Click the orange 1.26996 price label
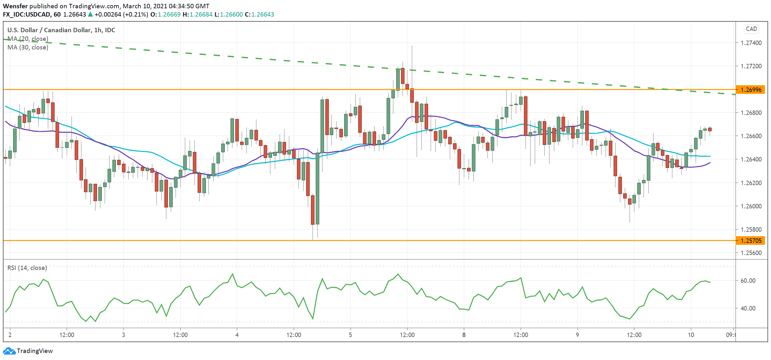point(751,90)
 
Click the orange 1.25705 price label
point(751,241)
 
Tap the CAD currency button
point(751,29)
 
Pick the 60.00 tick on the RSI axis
point(748,281)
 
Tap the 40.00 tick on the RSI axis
point(748,308)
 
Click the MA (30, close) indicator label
point(28,48)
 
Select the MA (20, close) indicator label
point(28,39)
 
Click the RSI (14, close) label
point(27,268)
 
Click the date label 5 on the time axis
point(350,335)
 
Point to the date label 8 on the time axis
point(464,335)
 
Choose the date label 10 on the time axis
point(691,335)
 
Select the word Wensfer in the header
point(15,6)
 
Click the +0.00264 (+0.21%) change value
point(121,14)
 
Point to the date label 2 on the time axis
point(10,335)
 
